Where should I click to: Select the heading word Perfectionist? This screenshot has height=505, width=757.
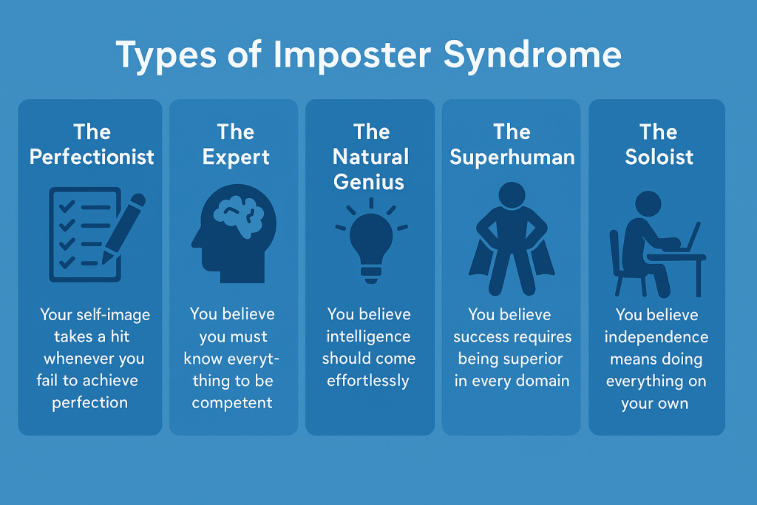pos(92,157)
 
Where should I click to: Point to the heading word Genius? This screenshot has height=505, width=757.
pos(368,182)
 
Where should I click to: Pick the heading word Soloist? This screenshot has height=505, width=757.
pos(659,157)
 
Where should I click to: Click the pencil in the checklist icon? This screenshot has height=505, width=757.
pos(124,228)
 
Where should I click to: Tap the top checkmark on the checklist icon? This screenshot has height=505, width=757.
pos(67,206)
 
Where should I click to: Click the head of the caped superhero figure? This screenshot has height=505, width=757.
pos(512,195)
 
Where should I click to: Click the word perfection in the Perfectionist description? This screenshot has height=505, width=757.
pos(89,403)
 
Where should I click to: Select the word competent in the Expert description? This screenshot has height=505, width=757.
pos(232,403)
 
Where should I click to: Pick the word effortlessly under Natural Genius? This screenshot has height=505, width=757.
pos(368,381)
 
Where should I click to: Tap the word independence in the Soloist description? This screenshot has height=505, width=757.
pos(656,337)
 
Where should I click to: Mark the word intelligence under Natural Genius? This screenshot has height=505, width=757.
pos(368,336)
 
